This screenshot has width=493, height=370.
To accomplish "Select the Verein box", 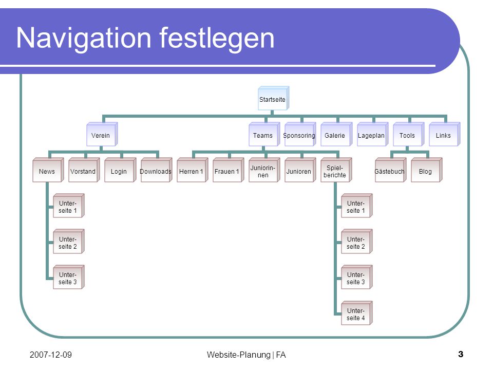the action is (102, 134).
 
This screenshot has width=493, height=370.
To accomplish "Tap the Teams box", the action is (264, 134).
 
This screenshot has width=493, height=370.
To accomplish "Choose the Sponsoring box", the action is (300, 134).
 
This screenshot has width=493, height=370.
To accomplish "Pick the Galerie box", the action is (336, 134).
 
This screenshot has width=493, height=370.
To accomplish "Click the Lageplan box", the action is (372, 134).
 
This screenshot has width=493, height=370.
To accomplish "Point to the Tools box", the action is (408, 134).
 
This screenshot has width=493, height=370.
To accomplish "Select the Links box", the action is (444, 134).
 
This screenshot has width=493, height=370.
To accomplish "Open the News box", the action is (48, 170).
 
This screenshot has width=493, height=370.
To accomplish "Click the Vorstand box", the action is (84, 170).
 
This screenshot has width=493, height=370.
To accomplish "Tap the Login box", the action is (120, 170).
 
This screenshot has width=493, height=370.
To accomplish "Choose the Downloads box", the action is (156, 170).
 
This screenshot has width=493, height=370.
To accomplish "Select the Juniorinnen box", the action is (264, 170).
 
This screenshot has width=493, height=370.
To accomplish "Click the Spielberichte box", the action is (336, 170).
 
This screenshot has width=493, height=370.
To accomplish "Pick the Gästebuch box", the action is (390, 170).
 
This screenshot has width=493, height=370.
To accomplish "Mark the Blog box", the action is (427, 170).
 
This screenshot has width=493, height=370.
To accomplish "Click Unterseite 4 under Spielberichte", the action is (357, 313).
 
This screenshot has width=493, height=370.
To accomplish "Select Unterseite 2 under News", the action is (68, 242).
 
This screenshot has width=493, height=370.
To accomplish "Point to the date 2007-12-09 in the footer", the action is (51, 355).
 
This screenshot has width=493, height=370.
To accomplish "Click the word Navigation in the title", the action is (84, 39).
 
